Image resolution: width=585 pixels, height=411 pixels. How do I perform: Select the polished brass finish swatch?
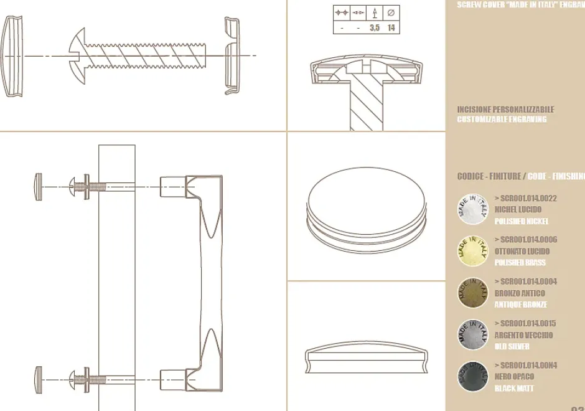click(473, 251)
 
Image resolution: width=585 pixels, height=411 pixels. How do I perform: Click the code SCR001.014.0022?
click(525, 199)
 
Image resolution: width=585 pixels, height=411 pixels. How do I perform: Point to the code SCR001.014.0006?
click(525, 240)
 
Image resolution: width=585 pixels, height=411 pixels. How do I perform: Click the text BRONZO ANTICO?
click(520, 293)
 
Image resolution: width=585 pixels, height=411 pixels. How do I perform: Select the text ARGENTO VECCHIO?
click(523, 335)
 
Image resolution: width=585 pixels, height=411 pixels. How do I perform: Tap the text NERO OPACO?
click(514, 377)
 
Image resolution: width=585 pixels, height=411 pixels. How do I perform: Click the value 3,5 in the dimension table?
click(375, 28)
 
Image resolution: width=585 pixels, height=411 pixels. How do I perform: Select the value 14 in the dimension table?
click(391, 28)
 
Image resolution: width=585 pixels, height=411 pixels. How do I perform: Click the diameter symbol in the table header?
click(391, 12)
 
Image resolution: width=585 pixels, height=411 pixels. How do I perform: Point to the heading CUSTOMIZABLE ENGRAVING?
click(502, 120)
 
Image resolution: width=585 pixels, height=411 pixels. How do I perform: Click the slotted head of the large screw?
click(77, 56)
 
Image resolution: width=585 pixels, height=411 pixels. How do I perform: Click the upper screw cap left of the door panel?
click(39, 187)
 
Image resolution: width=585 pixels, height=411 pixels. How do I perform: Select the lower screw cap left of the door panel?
click(39, 379)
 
